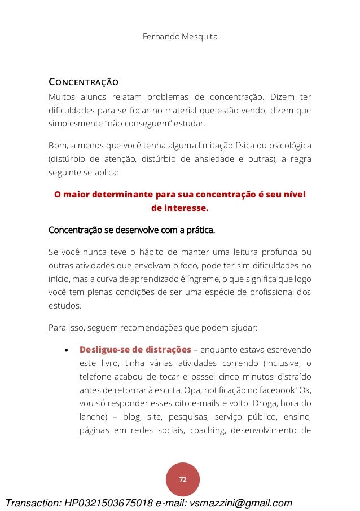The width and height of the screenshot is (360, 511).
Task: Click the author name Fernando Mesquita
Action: [x=181, y=37]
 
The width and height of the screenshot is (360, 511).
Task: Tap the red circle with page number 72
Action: [x=183, y=479]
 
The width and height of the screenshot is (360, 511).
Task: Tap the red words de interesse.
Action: [x=180, y=208]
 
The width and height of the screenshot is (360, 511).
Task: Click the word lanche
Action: [x=93, y=417]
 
